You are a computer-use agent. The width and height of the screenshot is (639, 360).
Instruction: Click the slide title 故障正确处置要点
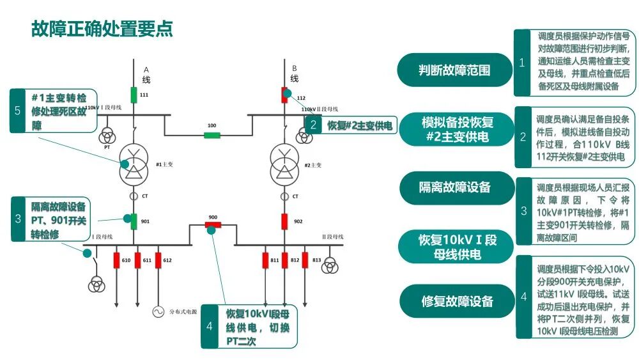pyautogui.click(x=102, y=29)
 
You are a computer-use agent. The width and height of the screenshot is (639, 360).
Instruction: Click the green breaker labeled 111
pyautogui.click(x=134, y=95)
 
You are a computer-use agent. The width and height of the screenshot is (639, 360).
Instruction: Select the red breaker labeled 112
pyautogui.click(x=285, y=96)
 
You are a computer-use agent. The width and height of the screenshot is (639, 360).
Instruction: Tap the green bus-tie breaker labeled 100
pyautogui.click(x=212, y=135)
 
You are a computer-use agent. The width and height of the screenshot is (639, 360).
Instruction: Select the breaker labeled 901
pyautogui.click(x=134, y=221)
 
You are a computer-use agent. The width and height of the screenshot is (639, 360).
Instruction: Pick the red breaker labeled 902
pyautogui.click(x=285, y=221)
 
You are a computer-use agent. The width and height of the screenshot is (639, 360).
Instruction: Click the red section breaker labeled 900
pyautogui.click(x=212, y=224)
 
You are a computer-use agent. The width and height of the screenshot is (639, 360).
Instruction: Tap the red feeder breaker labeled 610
pyautogui.click(x=117, y=260)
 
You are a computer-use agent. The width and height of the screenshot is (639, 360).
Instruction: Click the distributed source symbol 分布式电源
pyautogui.click(x=157, y=312)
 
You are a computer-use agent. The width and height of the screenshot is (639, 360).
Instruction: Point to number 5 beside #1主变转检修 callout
pyautogui.click(x=18, y=111)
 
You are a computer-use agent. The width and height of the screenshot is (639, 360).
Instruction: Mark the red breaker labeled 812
pyautogui.click(x=285, y=260)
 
